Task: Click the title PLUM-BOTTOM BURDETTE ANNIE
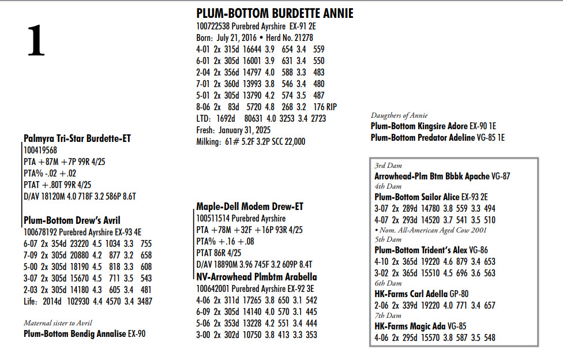[x=275, y=13]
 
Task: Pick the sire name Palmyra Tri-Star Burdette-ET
[x=77, y=138]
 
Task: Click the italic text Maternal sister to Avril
[x=58, y=322]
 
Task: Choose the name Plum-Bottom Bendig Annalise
[x=74, y=333]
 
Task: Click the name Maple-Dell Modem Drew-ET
[x=250, y=207]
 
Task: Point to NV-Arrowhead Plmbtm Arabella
[x=256, y=277]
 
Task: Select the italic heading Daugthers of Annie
[x=402, y=115]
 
